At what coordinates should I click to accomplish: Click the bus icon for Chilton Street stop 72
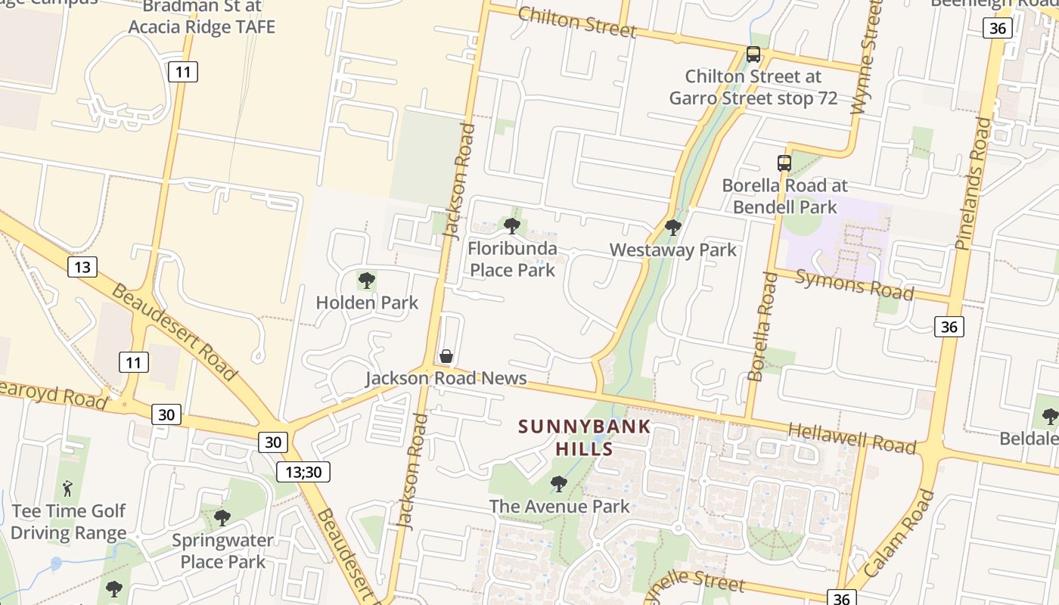click(753, 54)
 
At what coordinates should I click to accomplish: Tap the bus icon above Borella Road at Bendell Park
click(784, 163)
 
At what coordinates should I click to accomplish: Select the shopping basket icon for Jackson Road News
click(446, 356)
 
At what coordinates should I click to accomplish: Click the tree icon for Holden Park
click(367, 281)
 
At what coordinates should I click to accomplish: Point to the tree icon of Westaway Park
click(672, 227)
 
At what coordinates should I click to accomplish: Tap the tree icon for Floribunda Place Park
click(512, 225)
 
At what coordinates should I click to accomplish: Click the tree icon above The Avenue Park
click(559, 484)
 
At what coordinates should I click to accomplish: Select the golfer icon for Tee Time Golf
click(67, 489)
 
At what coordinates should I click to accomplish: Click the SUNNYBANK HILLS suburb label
click(584, 437)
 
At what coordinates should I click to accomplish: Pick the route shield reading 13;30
click(303, 473)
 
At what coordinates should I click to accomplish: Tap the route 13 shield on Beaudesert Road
click(82, 266)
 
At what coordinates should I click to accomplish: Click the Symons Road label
click(856, 284)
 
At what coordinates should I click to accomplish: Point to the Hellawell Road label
click(852, 438)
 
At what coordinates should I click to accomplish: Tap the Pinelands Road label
click(973, 183)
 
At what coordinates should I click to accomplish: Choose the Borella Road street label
click(762, 327)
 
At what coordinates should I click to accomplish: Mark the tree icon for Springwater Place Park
click(222, 518)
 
